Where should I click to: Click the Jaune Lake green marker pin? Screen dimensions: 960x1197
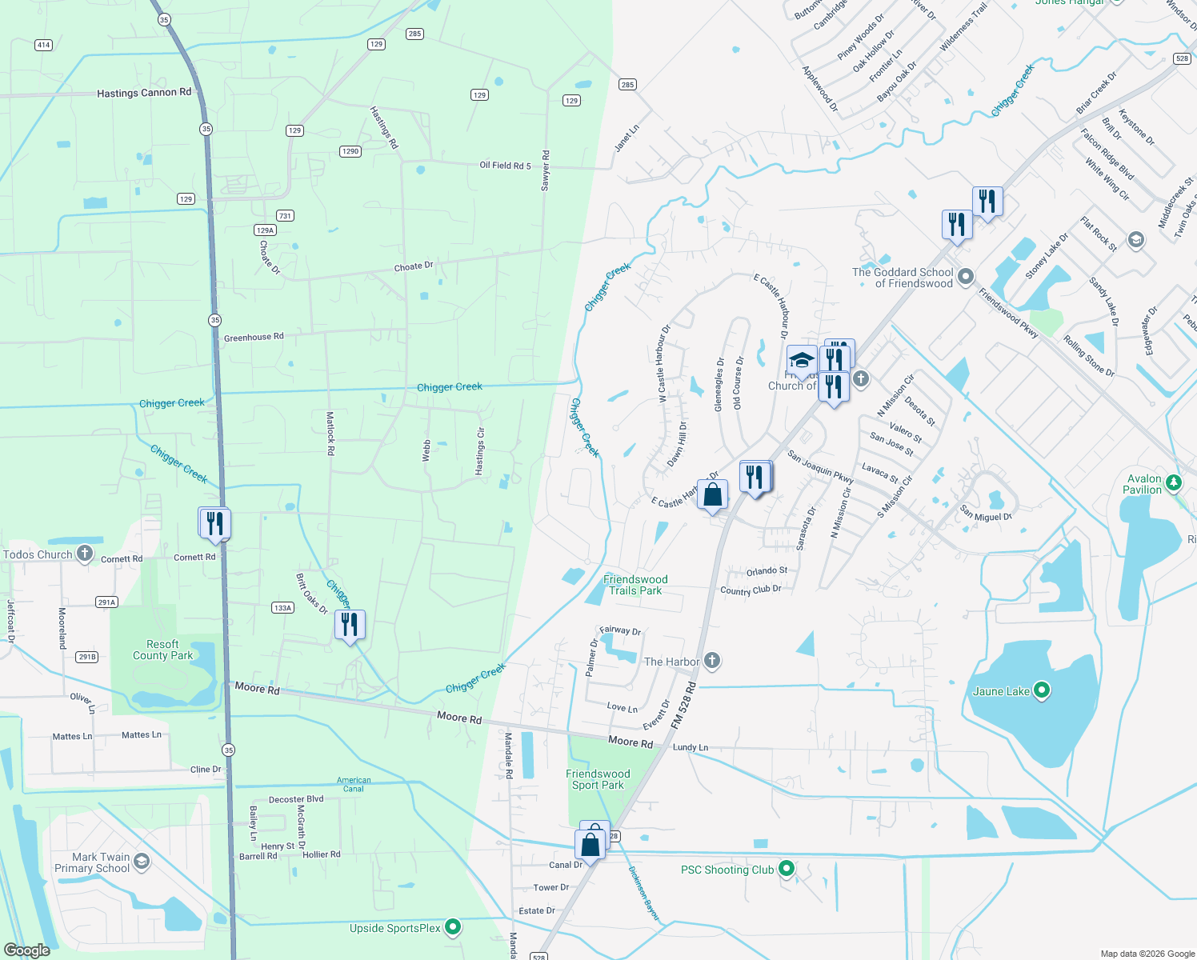coord(1041,690)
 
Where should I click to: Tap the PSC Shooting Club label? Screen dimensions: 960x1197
coord(727,870)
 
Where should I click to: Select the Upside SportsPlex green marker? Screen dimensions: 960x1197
coord(453,927)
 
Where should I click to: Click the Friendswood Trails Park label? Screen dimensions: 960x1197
coord(635,585)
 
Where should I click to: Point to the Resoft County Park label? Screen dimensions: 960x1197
coord(162,650)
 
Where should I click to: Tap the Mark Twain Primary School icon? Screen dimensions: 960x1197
coord(142,861)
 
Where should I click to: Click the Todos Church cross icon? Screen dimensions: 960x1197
coord(85,554)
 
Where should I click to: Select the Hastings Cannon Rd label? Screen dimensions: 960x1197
coord(144,93)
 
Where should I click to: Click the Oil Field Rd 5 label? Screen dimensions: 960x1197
coord(505,166)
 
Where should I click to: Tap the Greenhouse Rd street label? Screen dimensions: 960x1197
coord(254,338)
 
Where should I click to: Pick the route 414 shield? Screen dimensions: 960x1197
coord(44,45)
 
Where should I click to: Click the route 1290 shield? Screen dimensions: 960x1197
coord(350,151)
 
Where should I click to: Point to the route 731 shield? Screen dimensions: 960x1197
coord(285,216)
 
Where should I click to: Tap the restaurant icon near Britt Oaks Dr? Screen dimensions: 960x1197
coord(350,624)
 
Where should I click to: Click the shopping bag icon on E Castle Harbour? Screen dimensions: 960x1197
coord(712,494)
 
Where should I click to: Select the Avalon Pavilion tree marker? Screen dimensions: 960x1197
coord(1174,482)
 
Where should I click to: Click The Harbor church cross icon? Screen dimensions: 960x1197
coord(712,661)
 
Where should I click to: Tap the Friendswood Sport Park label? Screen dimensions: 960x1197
coord(598,779)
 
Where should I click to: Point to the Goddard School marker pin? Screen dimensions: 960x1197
coord(966,277)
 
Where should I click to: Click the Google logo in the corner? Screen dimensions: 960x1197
coord(27,950)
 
